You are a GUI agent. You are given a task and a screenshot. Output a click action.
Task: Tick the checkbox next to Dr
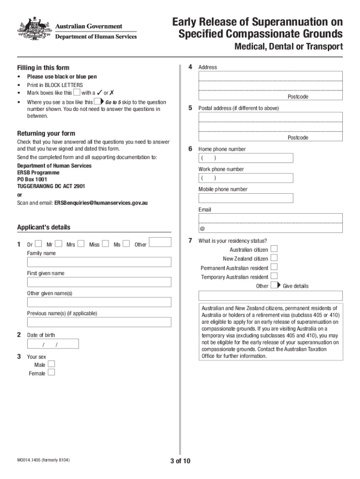[38, 244]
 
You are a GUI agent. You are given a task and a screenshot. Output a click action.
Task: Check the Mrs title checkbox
[81, 244]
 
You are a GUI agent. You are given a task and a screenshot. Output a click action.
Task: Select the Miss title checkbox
[105, 244]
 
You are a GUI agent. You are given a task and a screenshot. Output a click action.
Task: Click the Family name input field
[99, 262]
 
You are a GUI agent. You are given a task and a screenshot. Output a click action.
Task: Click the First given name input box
[99, 282]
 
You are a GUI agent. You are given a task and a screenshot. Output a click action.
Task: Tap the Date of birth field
[53, 344]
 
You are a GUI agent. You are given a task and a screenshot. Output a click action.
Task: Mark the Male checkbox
[51, 364]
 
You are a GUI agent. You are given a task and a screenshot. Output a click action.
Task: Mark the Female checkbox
[51, 373]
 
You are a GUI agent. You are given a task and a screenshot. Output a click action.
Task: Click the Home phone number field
[246, 158]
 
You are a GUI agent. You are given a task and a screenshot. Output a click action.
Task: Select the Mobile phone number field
[246, 198]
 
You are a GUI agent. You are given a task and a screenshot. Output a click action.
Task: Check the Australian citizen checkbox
[274, 249]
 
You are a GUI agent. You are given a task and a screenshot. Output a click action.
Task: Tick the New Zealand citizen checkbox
[274, 258]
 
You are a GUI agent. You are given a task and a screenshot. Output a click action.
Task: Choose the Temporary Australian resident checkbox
[274, 277]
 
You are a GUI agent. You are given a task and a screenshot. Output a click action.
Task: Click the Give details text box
[271, 296]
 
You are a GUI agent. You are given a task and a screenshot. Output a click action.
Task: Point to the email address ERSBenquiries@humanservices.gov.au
[101, 203]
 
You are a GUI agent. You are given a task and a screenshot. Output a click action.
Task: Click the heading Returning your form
[46, 133]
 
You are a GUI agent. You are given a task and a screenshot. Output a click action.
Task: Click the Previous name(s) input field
[99, 322]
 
